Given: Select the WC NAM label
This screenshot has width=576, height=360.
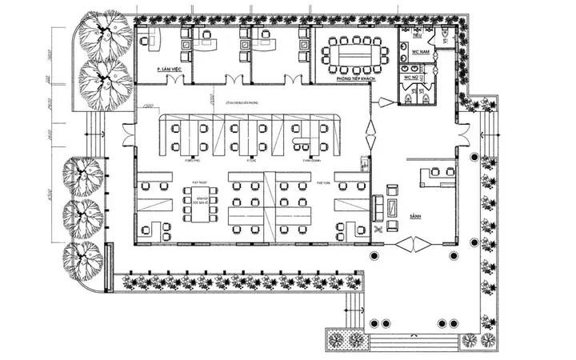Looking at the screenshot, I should click(421, 52).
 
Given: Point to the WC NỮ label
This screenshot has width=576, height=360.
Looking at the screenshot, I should click(410, 78).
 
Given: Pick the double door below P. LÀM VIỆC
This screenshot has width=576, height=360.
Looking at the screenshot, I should click(234, 79).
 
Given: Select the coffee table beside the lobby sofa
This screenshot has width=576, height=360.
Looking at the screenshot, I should click(392, 206).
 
